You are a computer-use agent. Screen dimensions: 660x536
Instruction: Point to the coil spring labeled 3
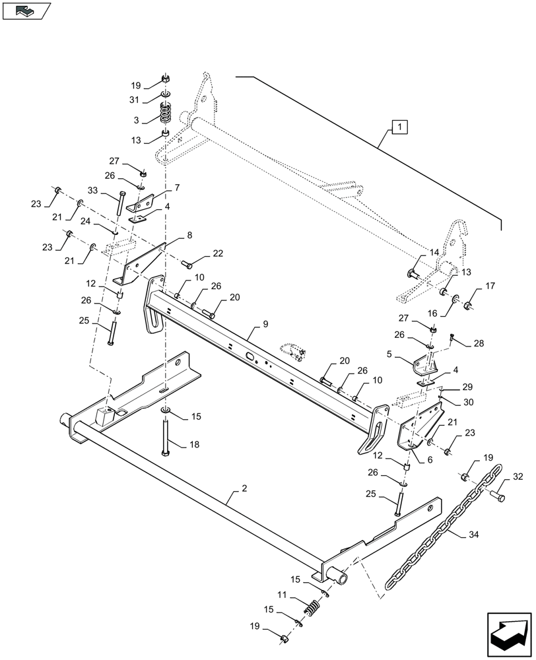(x=166, y=118)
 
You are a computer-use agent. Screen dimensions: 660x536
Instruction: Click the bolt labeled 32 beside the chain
(x=499, y=489)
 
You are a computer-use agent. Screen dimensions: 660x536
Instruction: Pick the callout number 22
(x=217, y=254)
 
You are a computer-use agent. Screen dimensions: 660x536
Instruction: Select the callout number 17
(x=490, y=286)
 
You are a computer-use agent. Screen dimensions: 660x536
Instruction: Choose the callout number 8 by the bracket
(x=189, y=235)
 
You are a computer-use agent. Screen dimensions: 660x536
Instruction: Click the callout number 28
(x=479, y=343)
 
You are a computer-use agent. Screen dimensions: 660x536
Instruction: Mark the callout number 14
(x=434, y=253)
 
